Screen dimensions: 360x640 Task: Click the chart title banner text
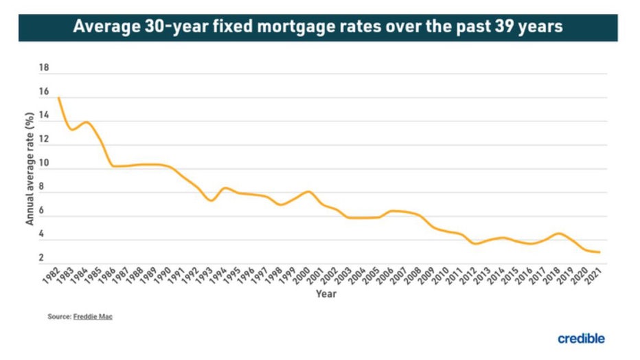(x=318, y=27)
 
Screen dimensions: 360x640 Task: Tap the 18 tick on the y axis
(x=45, y=68)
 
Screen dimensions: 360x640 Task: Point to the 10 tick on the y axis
(x=45, y=164)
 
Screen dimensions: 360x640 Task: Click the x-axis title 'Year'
(x=325, y=293)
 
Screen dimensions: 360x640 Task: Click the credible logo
(x=581, y=338)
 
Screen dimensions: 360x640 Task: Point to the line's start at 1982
(x=58, y=98)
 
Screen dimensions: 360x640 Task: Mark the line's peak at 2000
(x=308, y=192)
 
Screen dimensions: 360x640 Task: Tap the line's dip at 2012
(x=475, y=244)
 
